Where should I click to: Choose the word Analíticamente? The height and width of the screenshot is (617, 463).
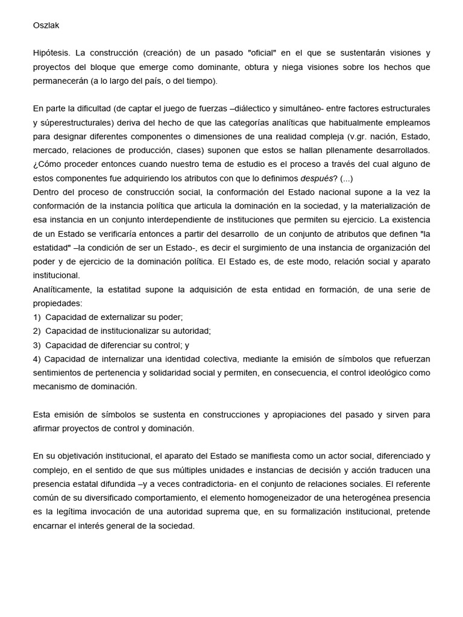(x=63, y=289)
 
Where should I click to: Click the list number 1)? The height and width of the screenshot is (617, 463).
(x=37, y=317)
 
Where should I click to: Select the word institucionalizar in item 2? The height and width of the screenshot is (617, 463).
(x=129, y=331)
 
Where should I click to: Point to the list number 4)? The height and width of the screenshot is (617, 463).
(x=37, y=359)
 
